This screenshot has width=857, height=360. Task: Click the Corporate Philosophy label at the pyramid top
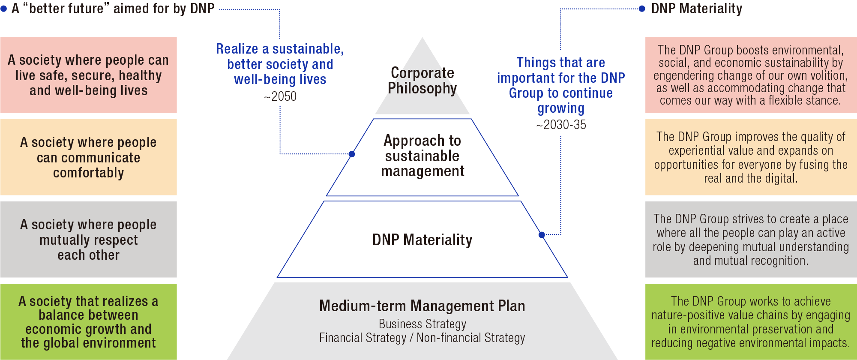tap(422, 81)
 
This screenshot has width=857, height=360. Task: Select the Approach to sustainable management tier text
tap(422, 156)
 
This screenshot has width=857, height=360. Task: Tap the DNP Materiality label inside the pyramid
tap(422, 240)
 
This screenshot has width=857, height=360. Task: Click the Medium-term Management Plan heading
tap(422, 306)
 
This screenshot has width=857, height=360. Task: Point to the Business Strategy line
tap(422, 324)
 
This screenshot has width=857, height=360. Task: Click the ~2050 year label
tap(280, 96)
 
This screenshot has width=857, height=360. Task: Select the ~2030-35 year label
tap(561, 125)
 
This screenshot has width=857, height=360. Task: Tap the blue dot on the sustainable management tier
tap(352, 154)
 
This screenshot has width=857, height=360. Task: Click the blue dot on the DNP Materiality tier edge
tap(542, 235)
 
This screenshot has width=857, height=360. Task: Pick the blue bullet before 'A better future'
tap(4, 9)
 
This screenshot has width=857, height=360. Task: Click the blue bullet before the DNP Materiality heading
tap(642, 9)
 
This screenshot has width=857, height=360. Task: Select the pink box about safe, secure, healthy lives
tap(88, 75)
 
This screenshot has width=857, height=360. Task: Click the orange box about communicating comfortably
tap(88, 157)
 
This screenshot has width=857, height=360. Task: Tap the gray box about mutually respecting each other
tap(88, 240)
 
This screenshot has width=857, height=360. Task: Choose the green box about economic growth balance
tap(88, 322)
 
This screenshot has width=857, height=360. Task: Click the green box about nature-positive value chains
tap(751, 322)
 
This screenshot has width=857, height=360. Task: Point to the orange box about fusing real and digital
tap(751, 157)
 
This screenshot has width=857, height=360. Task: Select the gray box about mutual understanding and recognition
tap(751, 240)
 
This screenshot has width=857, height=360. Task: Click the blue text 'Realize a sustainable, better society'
tap(280, 64)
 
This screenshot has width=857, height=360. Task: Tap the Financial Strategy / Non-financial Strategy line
tap(422, 338)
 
